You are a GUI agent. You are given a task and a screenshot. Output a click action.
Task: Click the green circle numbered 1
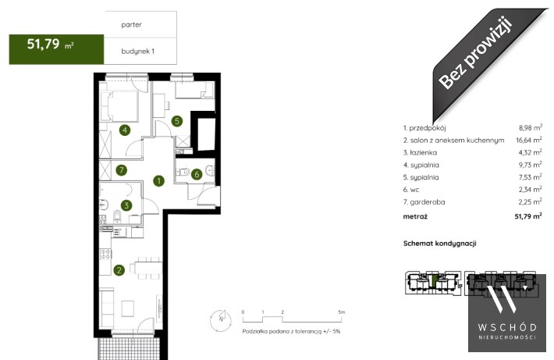pos(159,181)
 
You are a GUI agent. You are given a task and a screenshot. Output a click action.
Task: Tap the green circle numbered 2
pos(119,270)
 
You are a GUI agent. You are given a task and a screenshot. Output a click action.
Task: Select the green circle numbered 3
pos(126,205)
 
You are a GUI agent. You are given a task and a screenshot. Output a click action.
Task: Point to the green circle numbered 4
pos(125,130)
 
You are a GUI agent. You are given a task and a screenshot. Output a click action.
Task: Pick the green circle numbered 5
pos(177,121)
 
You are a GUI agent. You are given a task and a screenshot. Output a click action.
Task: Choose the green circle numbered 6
pos(197,174)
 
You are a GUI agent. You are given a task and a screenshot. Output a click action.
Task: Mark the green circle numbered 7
pos(122,170)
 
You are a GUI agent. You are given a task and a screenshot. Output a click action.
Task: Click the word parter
pos(131,25)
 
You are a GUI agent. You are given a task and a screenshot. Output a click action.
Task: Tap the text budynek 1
pos(138,52)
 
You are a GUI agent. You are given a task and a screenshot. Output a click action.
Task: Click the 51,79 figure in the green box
pos(43,45)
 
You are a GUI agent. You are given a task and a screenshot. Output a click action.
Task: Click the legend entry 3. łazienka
pos(420,153)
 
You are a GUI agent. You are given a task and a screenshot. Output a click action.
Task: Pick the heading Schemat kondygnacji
pos(440,244)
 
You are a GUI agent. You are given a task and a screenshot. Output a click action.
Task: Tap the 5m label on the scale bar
pos(341,312)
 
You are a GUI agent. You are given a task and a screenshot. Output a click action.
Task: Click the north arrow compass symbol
pos(221,320)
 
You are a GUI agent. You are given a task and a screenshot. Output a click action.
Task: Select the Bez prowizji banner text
pos(475,53)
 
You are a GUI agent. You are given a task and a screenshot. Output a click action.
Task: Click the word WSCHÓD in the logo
pos(507,327)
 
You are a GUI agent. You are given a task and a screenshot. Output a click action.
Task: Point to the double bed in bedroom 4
pos(119,105)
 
